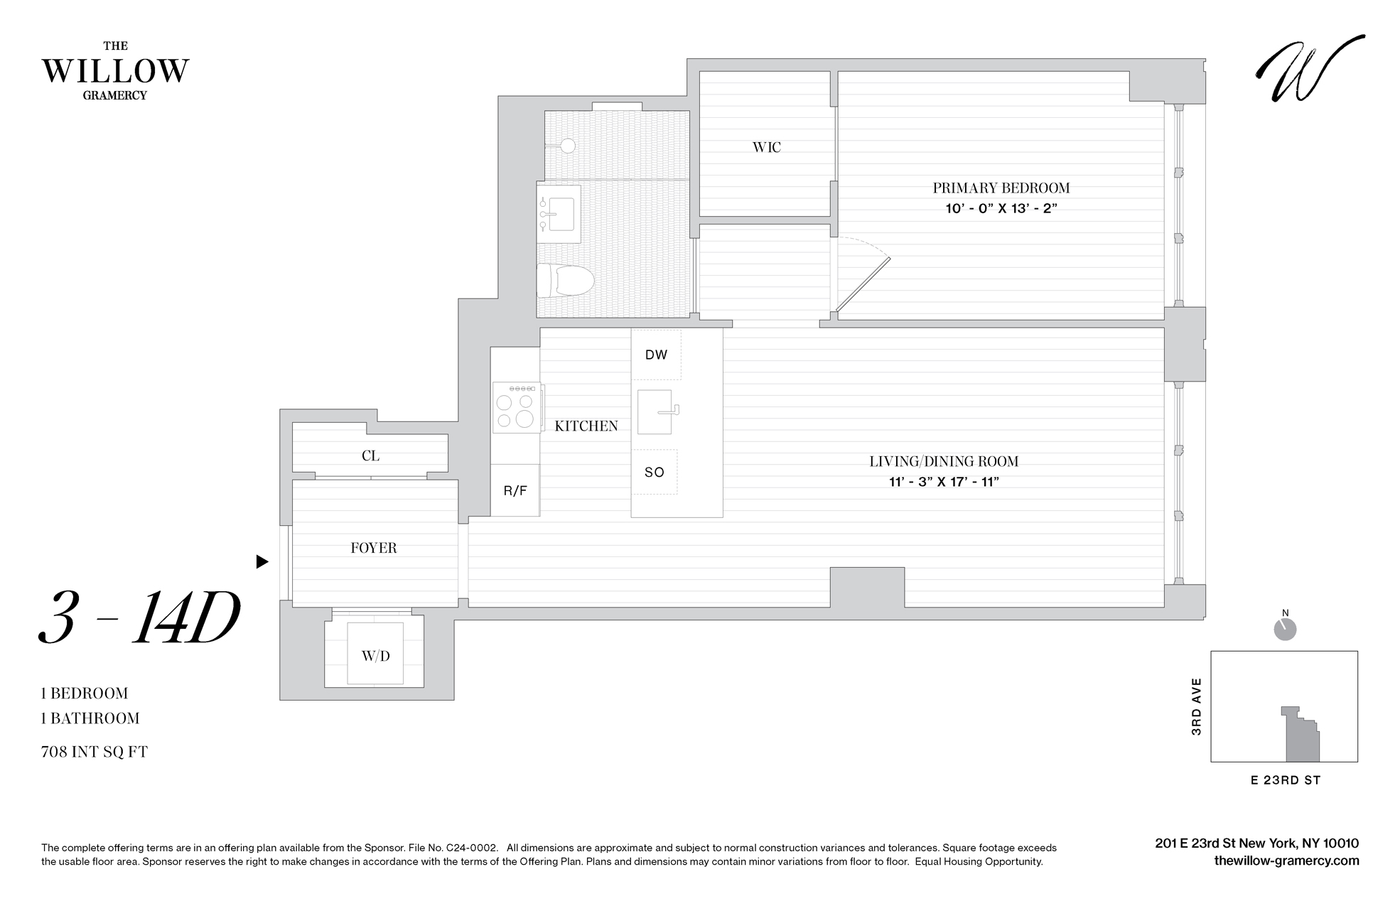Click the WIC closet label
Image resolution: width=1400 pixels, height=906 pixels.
point(766,147)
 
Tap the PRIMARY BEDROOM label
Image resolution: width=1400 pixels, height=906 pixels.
point(1001,188)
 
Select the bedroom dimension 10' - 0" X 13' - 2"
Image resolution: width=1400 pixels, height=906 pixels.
point(996,209)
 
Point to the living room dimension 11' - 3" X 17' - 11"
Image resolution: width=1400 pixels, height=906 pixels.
point(944,482)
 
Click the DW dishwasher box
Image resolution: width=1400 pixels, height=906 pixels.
point(656,355)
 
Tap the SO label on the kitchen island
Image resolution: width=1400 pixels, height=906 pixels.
point(655,472)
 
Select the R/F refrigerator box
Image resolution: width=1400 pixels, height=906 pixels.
point(515,490)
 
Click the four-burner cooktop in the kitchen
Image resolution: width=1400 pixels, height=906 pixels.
point(516,408)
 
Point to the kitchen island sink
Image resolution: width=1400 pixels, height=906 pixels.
point(655,412)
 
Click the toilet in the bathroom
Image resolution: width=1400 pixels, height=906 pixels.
point(564,280)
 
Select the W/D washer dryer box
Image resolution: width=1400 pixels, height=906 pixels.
point(375,656)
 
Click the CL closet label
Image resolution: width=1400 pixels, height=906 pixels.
point(370,456)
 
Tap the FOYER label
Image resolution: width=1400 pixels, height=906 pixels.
point(374,548)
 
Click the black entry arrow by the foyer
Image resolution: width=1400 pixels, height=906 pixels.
point(262,562)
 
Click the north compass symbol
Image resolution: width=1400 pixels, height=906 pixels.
point(1285,629)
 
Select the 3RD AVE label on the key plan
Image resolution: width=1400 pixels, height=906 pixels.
point(1197,706)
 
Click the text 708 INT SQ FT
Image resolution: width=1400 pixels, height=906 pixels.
point(95,752)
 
